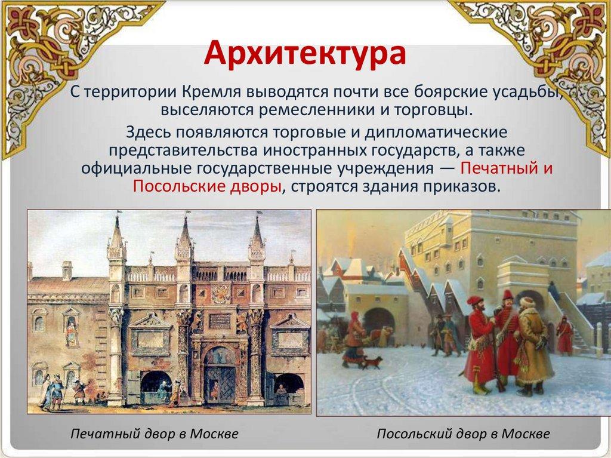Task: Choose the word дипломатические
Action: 436,133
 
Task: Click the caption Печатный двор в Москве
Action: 155,434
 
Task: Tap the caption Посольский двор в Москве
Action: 463,434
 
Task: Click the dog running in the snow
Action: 372,362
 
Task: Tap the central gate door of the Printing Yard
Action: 220,382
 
